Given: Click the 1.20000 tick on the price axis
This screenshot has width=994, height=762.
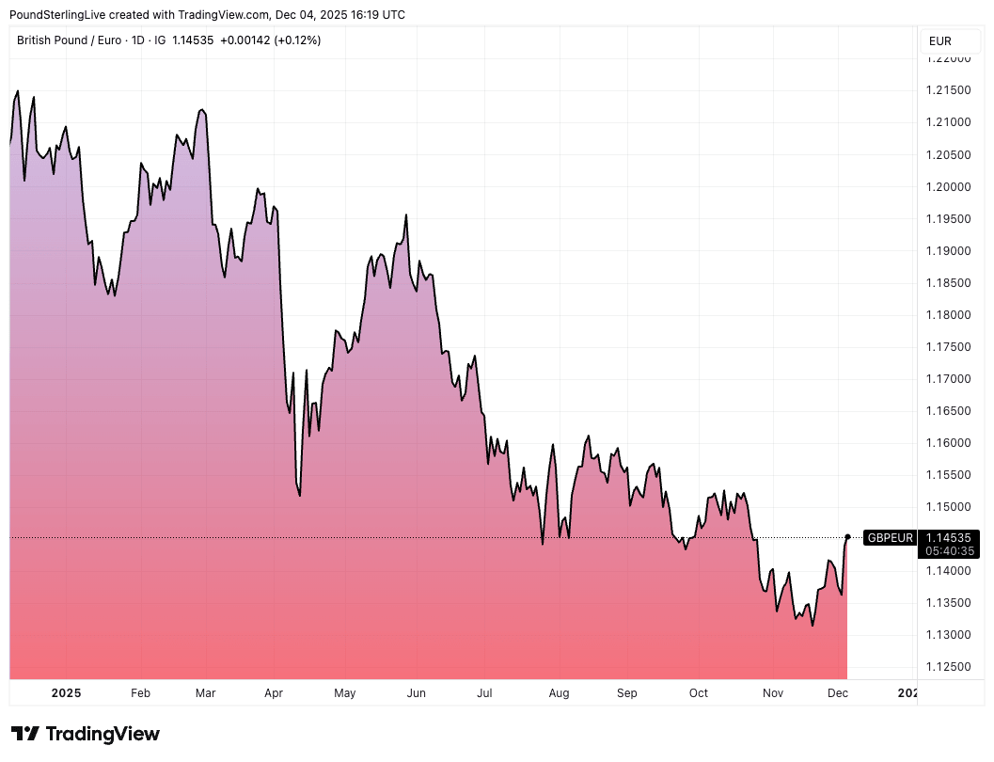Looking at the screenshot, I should (947, 186).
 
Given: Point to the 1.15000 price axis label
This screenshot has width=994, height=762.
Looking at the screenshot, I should (947, 506).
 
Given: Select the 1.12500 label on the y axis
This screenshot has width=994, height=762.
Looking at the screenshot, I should (947, 667).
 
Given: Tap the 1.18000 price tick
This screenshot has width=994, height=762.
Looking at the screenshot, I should (947, 314).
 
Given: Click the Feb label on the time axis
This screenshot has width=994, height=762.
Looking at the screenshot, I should (140, 693).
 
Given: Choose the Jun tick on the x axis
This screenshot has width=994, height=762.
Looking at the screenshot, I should (416, 693).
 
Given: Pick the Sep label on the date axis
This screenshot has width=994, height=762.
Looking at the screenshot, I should (626, 693).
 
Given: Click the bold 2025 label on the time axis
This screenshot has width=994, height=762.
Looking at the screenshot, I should (66, 693).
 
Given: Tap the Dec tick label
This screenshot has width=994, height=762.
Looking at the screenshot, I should (838, 693).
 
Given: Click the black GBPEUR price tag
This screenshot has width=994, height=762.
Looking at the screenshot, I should (890, 537).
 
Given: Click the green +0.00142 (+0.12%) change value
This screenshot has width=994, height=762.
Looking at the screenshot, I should (270, 40).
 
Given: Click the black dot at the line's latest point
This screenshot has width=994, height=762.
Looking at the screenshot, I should (847, 537).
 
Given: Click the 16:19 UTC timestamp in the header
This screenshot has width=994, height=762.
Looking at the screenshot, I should (372, 15).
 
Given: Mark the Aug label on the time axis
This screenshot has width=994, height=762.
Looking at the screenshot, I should (559, 693).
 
